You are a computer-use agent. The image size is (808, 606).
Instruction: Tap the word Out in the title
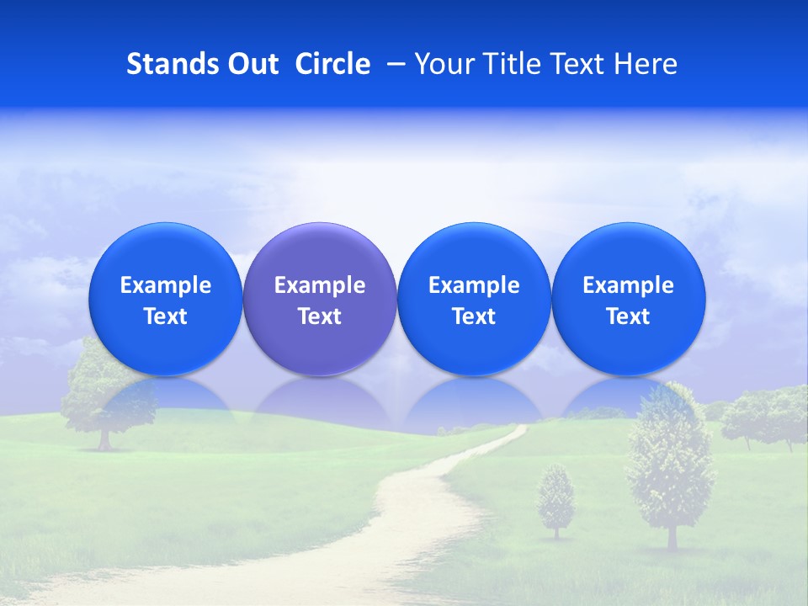click(251, 64)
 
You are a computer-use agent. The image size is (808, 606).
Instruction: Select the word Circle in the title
click(332, 64)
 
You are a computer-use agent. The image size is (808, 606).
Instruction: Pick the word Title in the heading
click(513, 64)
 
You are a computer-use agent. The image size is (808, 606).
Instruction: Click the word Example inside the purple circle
click(320, 285)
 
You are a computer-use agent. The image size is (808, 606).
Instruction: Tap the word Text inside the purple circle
click(320, 316)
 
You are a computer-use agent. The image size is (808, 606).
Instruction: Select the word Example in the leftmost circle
click(165, 285)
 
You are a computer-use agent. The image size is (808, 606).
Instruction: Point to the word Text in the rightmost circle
click(628, 316)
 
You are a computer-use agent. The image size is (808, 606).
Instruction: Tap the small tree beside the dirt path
click(555, 501)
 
